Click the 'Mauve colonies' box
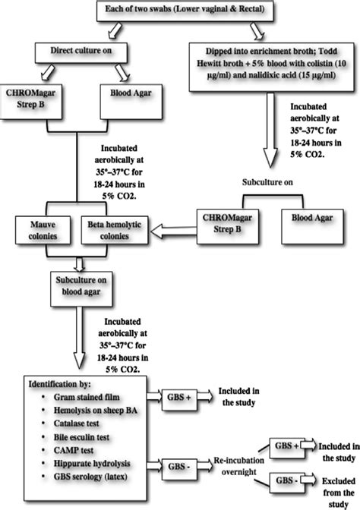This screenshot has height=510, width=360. click(45, 230)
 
